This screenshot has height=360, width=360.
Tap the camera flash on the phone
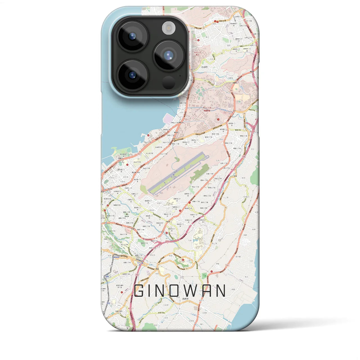click(x=168, y=28)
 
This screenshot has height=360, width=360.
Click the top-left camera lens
click(x=132, y=36)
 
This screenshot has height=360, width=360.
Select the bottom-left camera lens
click(x=132, y=75)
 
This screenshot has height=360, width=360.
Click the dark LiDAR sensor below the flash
click(x=168, y=82)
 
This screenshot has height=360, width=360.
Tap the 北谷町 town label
click(x=204, y=67)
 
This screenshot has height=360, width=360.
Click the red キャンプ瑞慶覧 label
click(x=208, y=109)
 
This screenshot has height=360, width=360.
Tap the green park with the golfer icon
click(x=205, y=275)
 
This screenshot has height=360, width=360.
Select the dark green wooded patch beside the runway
click(x=200, y=171)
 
